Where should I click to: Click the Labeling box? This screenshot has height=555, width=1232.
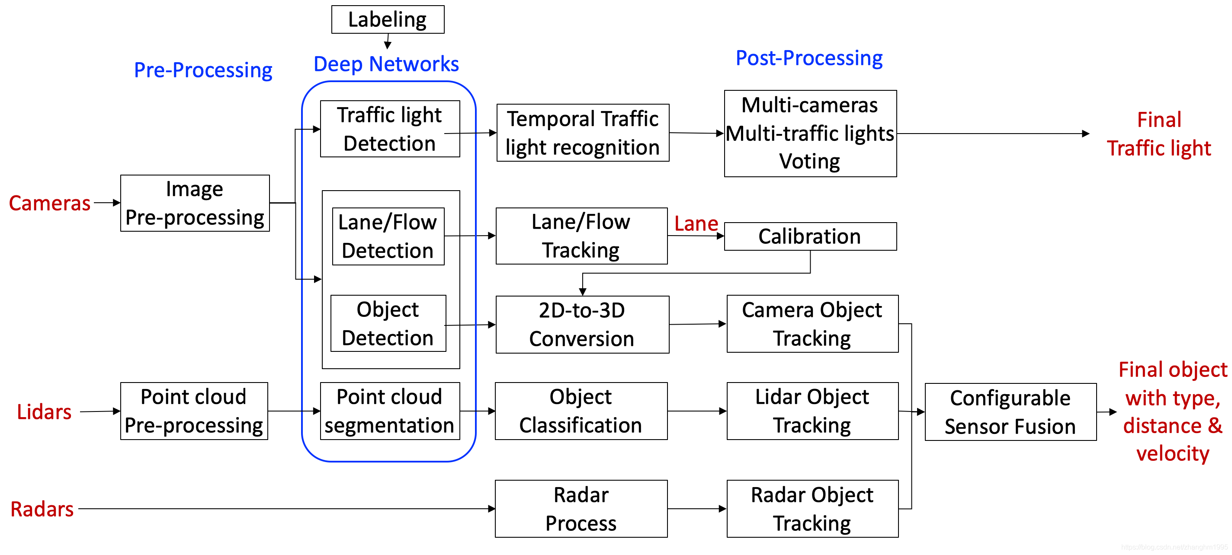coord(388,19)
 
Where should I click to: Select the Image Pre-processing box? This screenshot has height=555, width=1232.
coord(195,203)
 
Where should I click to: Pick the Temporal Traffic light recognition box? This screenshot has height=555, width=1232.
coord(583,133)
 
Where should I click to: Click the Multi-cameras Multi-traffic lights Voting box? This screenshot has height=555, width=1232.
coord(810,134)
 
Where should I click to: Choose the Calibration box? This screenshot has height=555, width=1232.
coord(810,236)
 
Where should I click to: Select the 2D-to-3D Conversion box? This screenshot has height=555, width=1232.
coord(582,325)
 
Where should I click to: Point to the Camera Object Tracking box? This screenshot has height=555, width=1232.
coord(812,324)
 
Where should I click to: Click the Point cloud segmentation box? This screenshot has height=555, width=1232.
coord(389,411)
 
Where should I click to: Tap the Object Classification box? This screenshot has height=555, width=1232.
coord(581,411)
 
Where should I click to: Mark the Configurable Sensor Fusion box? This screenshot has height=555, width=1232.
coord(1010,412)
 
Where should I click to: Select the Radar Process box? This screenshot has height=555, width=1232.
coord(581,509)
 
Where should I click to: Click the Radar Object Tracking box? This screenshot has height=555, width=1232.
coord(812,509)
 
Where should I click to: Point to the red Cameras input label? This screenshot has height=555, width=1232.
coord(50,203)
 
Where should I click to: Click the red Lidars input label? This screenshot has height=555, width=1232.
coord(44,412)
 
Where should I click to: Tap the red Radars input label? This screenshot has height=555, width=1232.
coord(42,509)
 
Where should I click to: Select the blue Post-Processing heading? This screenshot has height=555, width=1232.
coord(809,58)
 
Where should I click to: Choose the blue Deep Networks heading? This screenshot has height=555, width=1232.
coord(386,64)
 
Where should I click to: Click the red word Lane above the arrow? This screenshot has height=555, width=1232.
coord(696,224)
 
